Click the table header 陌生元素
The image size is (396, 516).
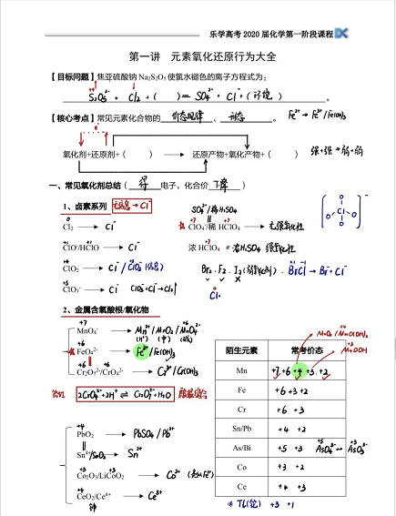(x=237, y=349)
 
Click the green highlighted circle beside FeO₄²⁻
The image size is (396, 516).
(x=141, y=350)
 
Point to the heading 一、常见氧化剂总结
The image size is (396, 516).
(x=90, y=186)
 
